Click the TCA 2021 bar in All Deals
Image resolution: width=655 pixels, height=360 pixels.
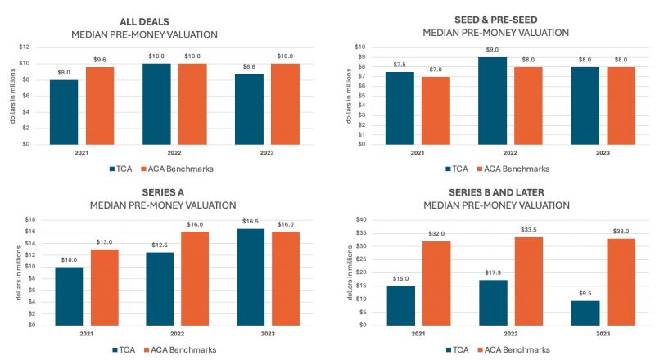pyautogui.click(x=63, y=111)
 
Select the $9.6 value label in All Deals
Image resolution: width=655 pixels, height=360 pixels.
pyautogui.click(x=100, y=60)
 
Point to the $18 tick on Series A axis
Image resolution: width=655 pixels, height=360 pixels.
pyautogui.click(x=30, y=220)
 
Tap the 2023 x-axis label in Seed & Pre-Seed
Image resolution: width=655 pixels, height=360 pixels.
pyautogui.click(x=603, y=153)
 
